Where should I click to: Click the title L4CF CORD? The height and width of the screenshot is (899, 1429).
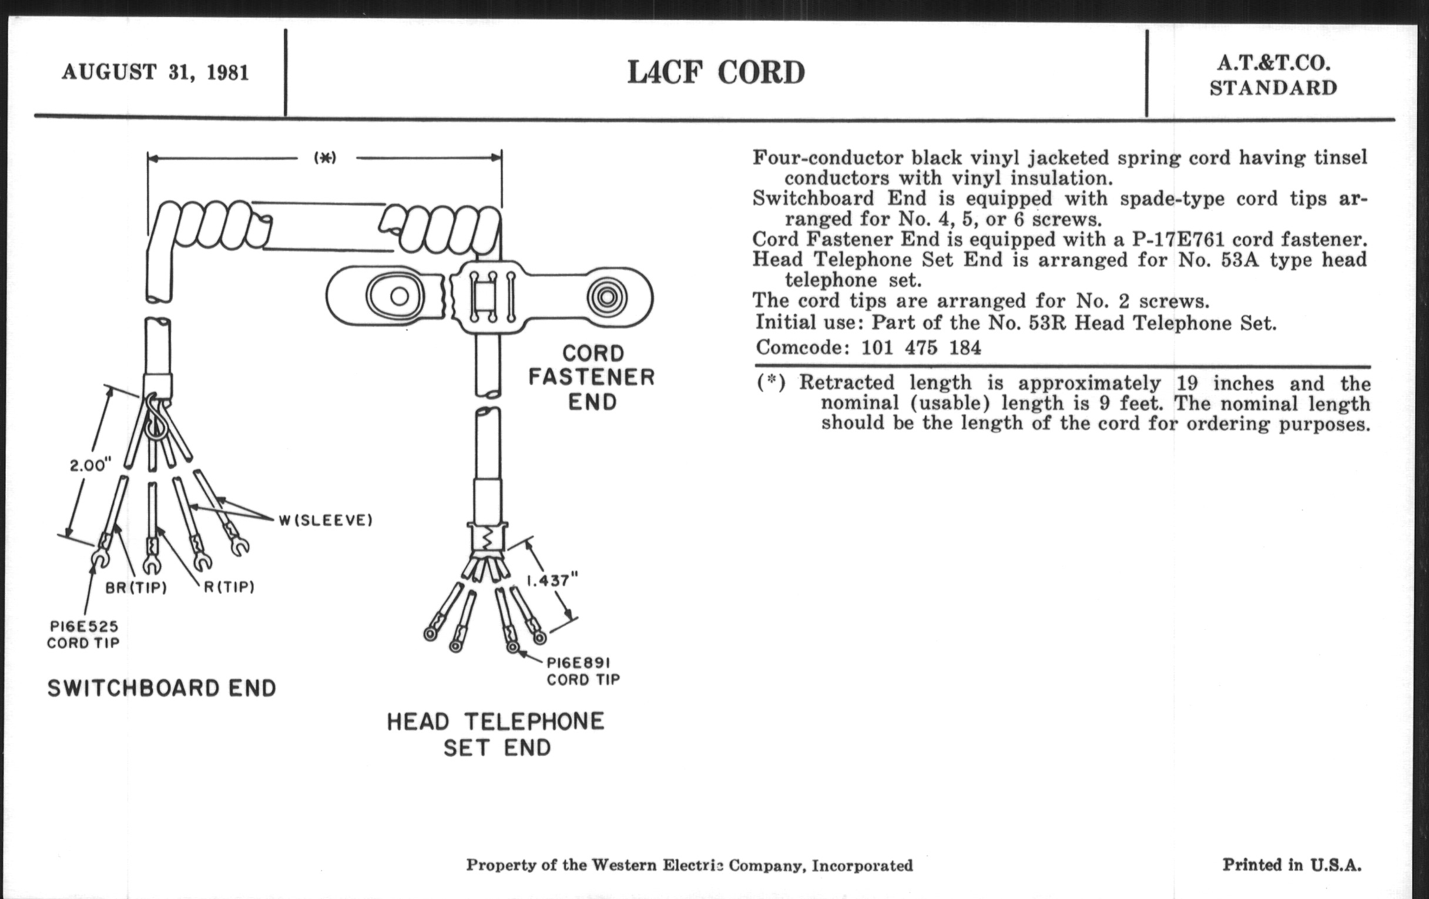[x=716, y=73]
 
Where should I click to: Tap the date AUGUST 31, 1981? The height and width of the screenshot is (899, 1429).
[x=156, y=72]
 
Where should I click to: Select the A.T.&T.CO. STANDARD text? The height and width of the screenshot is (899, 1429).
[x=1273, y=75]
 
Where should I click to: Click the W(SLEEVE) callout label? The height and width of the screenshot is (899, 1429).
[x=326, y=521]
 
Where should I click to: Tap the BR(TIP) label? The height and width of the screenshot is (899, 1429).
[x=136, y=588]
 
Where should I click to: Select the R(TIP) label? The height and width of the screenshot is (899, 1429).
[x=229, y=587]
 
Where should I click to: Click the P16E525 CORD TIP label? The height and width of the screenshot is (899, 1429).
[x=83, y=635]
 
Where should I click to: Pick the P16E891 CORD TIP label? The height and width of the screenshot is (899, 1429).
[x=583, y=670]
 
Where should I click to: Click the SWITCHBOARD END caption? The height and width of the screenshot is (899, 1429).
[x=162, y=688]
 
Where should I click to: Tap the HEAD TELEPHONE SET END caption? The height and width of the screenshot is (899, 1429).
[x=496, y=734]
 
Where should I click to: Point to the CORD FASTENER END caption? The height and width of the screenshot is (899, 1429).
[x=592, y=377]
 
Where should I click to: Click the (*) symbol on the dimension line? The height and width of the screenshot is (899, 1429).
[x=325, y=158]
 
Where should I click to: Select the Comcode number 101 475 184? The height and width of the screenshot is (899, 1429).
[x=921, y=347]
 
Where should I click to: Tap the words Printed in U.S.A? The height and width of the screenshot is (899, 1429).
[x=1292, y=864]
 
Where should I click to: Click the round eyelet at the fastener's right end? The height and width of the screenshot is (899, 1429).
[x=607, y=297]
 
